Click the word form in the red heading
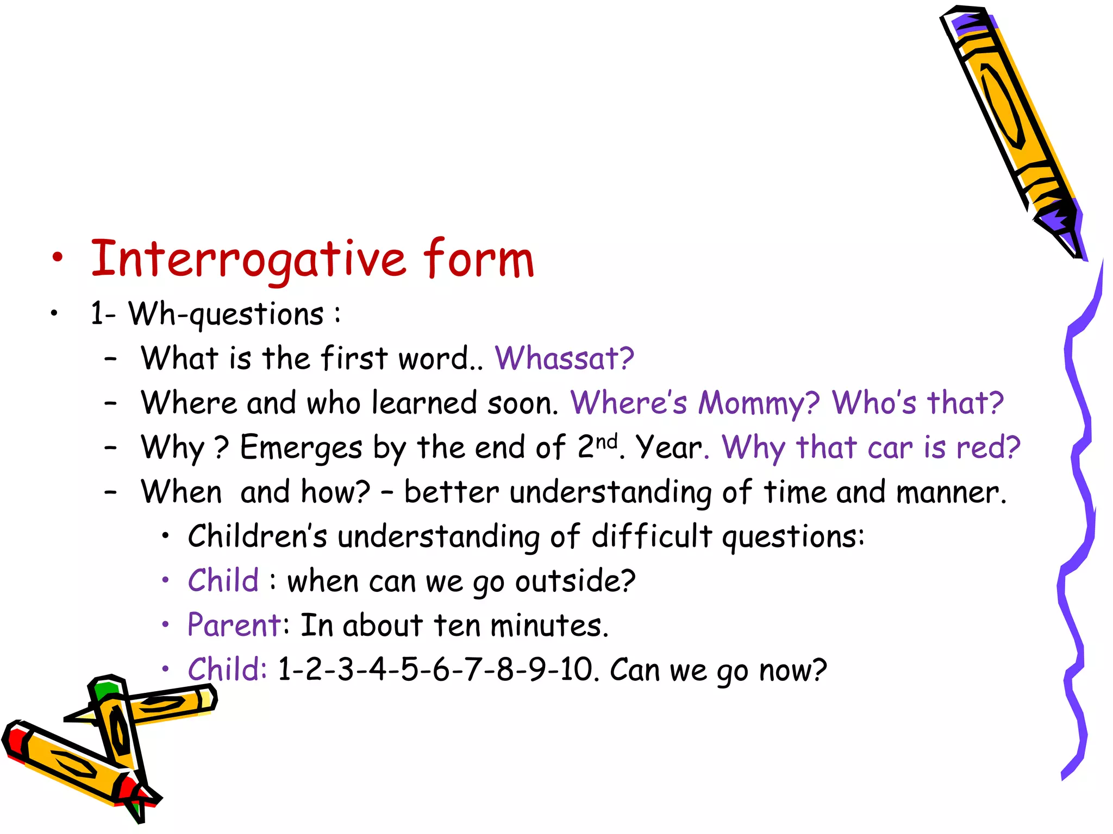coord(478,260)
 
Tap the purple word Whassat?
coord(564,358)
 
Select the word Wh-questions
coord(226,314)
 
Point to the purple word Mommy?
coord(759,403)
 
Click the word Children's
coord(258,536)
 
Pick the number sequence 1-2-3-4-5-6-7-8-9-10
coord(435,669)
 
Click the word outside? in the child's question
coord(575,581)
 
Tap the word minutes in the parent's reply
coord(545,625)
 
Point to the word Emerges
coord(301,448)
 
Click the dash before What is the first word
coord(111,359)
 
